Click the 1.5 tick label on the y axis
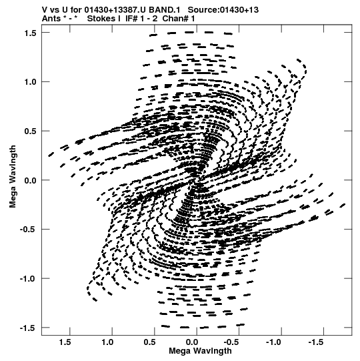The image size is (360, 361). pos(31,33)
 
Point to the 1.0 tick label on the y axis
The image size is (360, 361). pos(31,82)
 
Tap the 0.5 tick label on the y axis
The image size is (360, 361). pos(31,131)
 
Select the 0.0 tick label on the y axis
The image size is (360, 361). pos(31,180)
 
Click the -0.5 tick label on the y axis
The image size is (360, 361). pos(29,230)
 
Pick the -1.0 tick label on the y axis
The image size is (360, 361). pos(29,279)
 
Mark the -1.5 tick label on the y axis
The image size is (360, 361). pos(29,328)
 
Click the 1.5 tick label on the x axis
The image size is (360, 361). pos(65,342)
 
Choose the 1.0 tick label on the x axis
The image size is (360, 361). pos(107,342)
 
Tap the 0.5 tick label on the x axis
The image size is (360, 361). pos(150,342)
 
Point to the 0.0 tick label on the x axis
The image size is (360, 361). pos(192,342)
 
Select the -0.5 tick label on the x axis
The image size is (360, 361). pos(233,342)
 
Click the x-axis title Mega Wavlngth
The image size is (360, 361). pos(200,351)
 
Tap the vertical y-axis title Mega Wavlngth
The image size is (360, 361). pos(13,176)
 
